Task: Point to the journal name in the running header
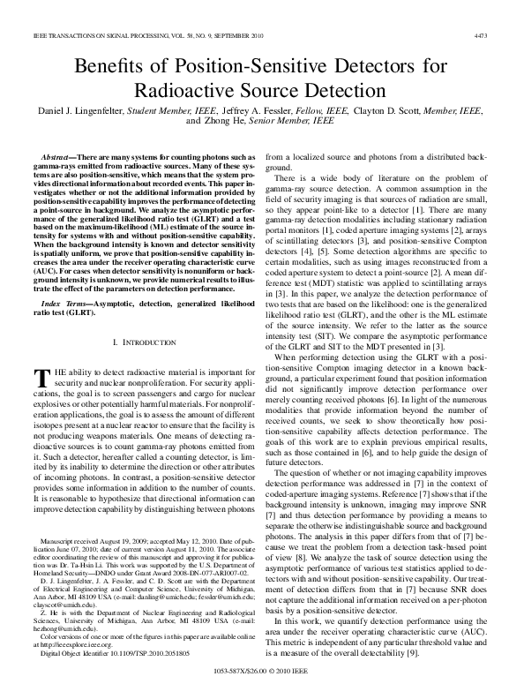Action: click(x=115, y=36)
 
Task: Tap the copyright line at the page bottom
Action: click(x=262, y=671)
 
